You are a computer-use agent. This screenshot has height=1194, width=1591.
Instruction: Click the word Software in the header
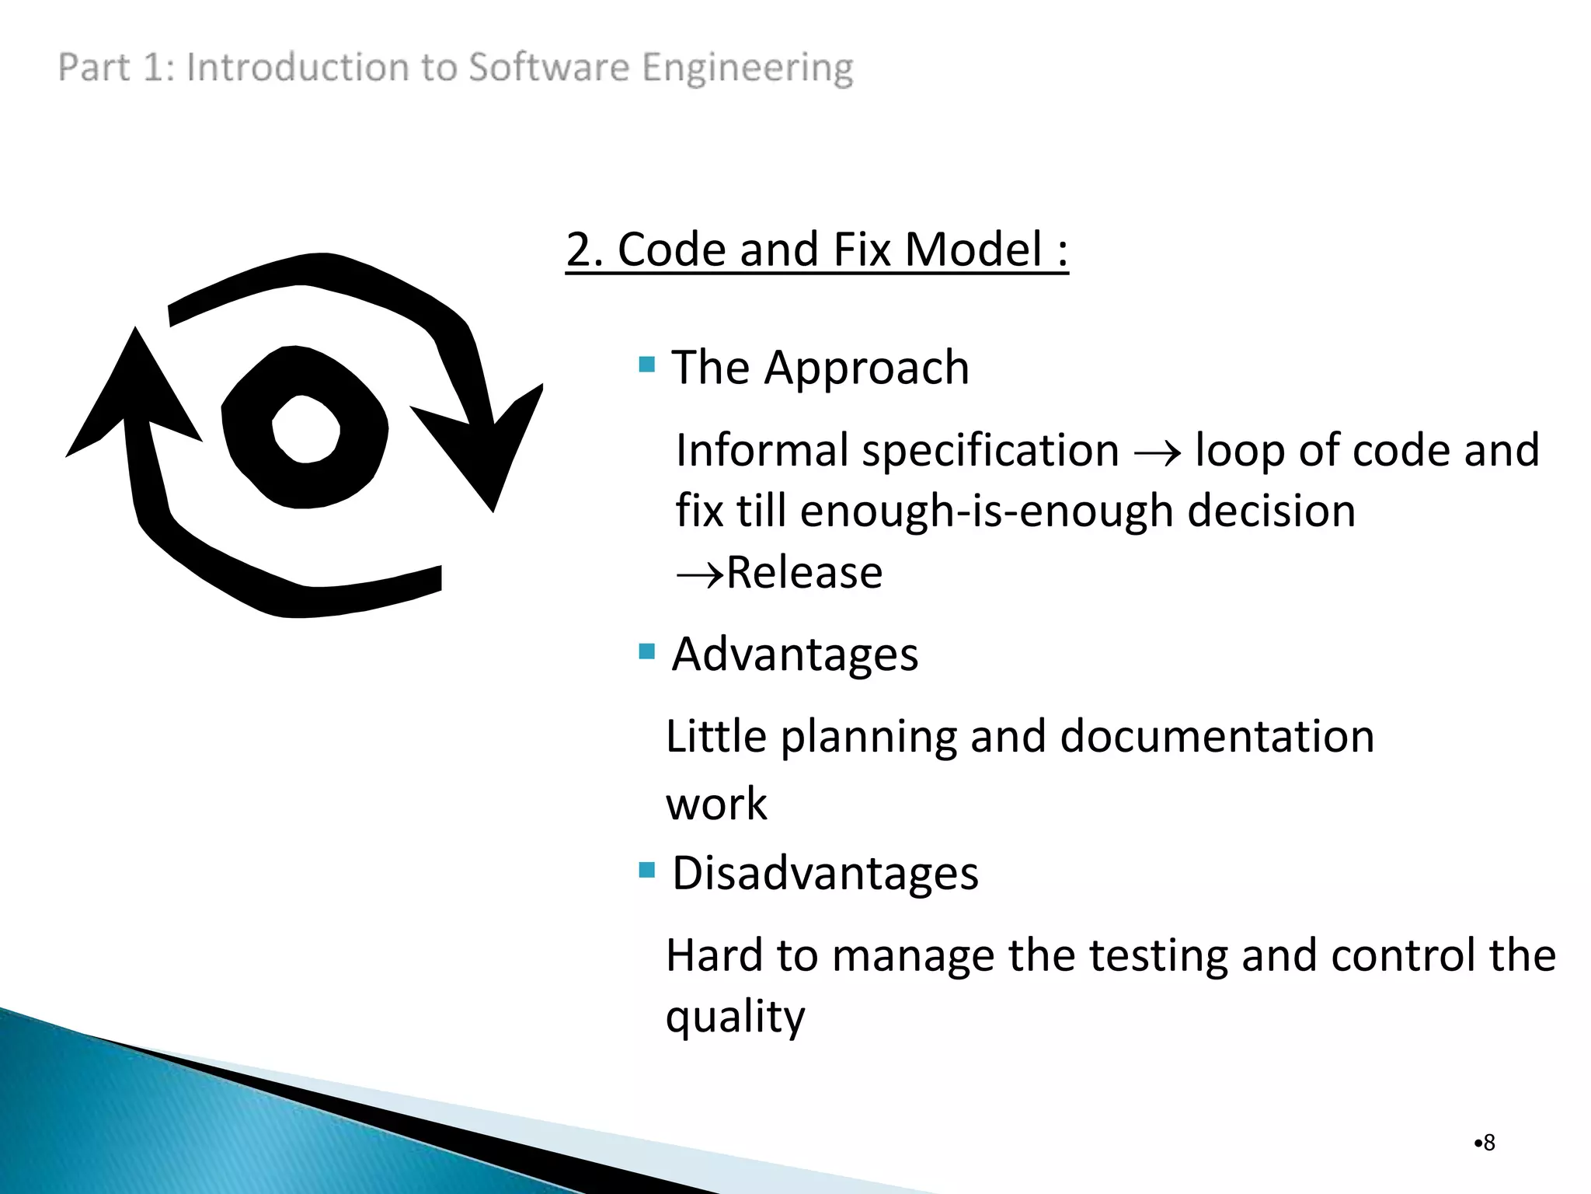548,67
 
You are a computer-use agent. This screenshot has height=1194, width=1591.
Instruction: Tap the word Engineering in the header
747,68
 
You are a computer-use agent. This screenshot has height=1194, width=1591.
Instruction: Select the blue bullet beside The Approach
646,364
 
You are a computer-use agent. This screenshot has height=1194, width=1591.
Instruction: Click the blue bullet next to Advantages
646,651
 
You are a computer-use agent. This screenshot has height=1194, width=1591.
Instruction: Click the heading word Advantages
795,654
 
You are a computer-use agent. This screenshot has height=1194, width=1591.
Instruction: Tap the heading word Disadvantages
825,873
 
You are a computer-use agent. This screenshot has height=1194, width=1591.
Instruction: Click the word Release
805,573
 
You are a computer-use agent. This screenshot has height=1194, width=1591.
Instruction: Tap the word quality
735,1017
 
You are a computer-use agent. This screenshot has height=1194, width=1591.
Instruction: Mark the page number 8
1488,1143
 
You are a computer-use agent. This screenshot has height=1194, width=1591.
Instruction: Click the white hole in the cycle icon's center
306,429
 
